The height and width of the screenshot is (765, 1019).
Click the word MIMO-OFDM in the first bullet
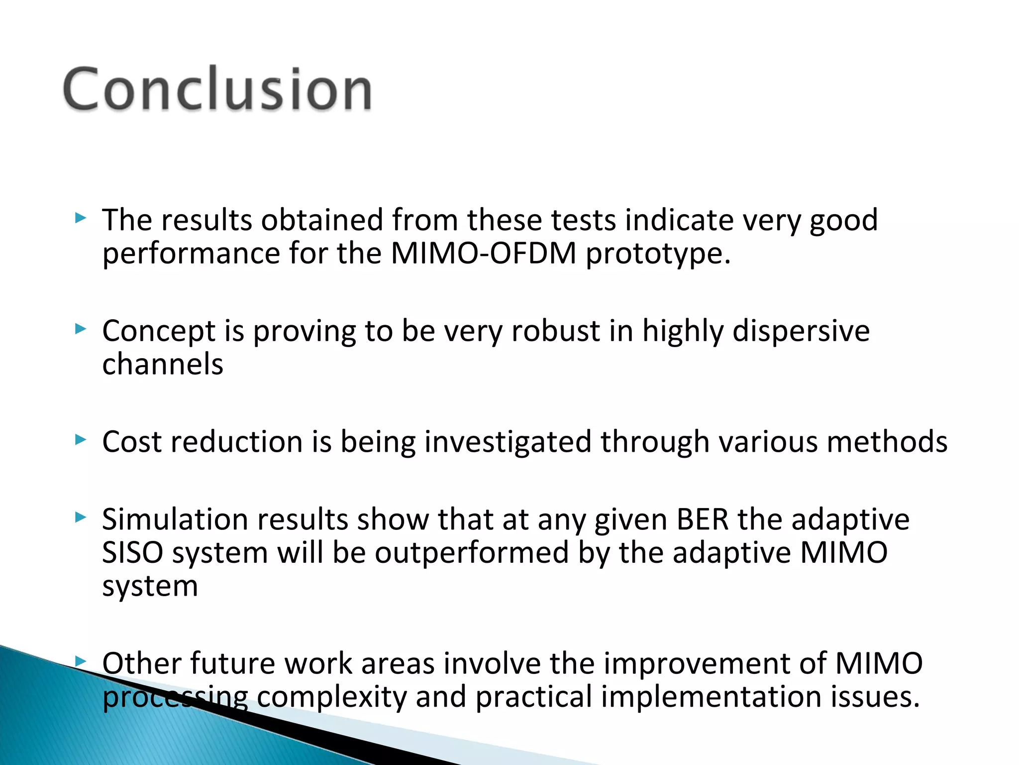[x=483, y=254]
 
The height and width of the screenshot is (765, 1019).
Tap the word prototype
[x=658, y=255]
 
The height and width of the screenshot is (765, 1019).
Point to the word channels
[x=163, y=364]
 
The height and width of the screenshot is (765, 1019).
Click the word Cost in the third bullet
[x=132, y=442]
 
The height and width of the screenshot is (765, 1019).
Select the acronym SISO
[x=132, y=553]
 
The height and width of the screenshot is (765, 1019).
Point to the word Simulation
[x=175, y=519]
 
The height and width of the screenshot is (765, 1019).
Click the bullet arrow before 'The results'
[x=81, y=218]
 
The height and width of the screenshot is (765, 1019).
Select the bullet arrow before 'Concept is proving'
[x=81, y=329]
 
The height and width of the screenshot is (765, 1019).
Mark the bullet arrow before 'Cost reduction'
[x=81, y=440]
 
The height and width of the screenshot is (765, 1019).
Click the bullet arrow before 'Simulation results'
[x=81, y=517]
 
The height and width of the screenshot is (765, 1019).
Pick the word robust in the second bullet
[x=556, y=331]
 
